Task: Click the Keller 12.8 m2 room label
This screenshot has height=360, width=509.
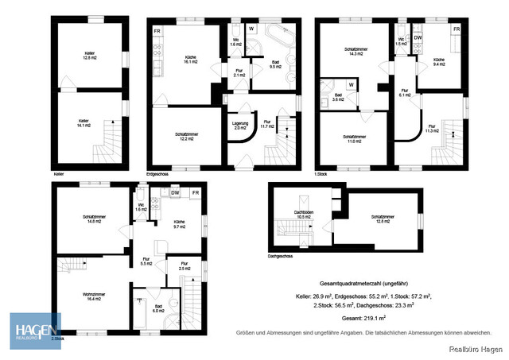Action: tap(90, 56)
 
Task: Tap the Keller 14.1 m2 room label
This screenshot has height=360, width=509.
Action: tap(84, 123)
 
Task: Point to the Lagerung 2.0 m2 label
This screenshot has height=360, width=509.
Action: tap(241, 126)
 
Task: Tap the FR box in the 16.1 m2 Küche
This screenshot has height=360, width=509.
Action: tap(157, 31)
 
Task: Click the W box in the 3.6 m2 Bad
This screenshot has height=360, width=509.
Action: tap(351, 83)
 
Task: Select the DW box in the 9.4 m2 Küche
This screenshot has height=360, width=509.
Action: tap(418, 37)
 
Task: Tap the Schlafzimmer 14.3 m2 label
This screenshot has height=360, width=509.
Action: tap(355, 52)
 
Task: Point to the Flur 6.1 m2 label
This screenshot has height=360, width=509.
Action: tap(405, 92)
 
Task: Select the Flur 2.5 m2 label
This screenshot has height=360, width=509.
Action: tap(184, 265)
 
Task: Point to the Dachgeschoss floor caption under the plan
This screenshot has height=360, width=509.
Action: tap(282, 257)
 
